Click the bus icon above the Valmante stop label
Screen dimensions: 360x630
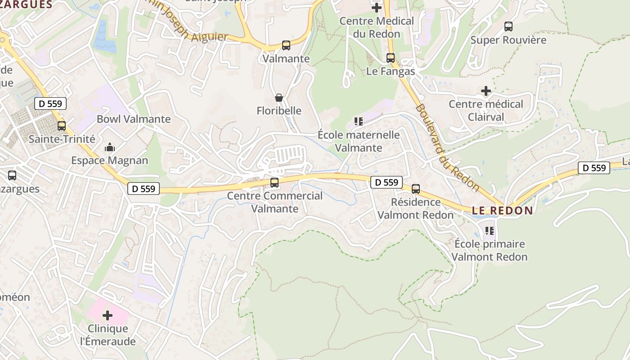(x=286, y=45)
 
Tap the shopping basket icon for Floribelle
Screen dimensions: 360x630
(x=279, y=98)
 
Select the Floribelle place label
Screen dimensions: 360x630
(x=279, y=111)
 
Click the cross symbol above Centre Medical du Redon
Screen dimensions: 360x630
(x=377, y=7)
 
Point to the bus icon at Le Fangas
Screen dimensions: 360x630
(x=391, y=58)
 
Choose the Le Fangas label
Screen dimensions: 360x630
(x=391, y=71)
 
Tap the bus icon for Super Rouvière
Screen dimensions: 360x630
(x=508, y=27)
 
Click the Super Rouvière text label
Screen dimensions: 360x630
(x=508, y=40)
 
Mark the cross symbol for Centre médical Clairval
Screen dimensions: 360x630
(x=486, y=91)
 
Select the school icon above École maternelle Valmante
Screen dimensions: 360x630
(x=359, y=121)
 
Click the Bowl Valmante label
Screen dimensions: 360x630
(x=134, y=119)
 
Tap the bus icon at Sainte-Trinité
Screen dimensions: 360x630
(x=62, y=126)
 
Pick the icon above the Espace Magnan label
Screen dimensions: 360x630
(x=109, y=147)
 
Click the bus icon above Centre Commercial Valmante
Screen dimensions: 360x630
(x=274, y=183)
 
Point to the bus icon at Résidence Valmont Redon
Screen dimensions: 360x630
(x=416, y=189)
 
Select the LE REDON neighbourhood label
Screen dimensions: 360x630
(x=503, y=211)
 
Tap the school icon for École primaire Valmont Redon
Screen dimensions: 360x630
(x=490, y=231)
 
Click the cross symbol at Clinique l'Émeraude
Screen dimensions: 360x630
(x=108, y=315)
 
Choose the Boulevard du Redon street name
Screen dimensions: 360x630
(x=446, y=147)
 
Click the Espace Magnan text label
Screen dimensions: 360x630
(x=109, y=161)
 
